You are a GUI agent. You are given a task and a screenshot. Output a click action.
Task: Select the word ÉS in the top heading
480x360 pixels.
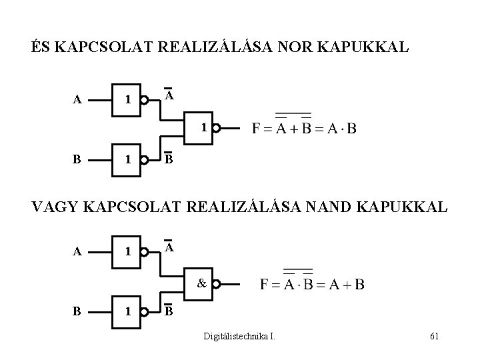(x=41, y=49)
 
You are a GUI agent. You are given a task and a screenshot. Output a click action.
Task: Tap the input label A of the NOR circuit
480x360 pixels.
(x=77, y=101)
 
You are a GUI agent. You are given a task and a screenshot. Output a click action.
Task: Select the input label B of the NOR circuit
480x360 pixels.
(x=77, y=160)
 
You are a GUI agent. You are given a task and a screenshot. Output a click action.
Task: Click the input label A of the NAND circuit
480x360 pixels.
(x=77, y=252)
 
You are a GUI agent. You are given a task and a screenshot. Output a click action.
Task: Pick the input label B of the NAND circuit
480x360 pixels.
(x=77, y=311)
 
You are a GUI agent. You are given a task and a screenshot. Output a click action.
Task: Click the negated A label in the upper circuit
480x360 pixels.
(x=169, y=95)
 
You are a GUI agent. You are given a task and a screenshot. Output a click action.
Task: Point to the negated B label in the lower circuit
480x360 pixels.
(x=169, y=311)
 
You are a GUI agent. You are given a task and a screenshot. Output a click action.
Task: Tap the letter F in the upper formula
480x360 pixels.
(x=257, y=129)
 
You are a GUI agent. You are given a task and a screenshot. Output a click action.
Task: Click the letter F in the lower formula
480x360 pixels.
(x=265, y=285)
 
